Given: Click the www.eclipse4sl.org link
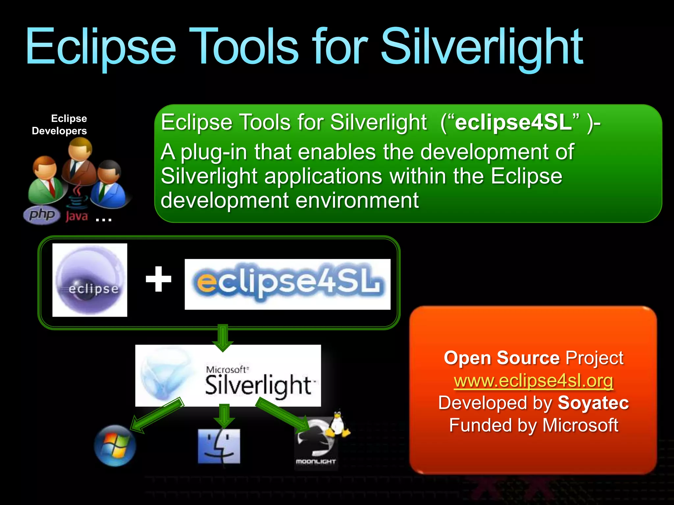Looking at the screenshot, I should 533,381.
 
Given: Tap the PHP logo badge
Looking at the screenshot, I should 42,215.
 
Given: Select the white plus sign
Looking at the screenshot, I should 159,279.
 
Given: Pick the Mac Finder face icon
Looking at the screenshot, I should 219,446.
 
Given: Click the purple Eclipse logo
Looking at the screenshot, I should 90,280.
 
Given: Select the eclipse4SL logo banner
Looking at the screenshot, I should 287,284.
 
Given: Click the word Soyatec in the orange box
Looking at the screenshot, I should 593,403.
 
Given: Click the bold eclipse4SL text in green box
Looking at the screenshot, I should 513,122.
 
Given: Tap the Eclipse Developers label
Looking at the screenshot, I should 60,125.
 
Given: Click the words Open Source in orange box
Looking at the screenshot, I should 502,358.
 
